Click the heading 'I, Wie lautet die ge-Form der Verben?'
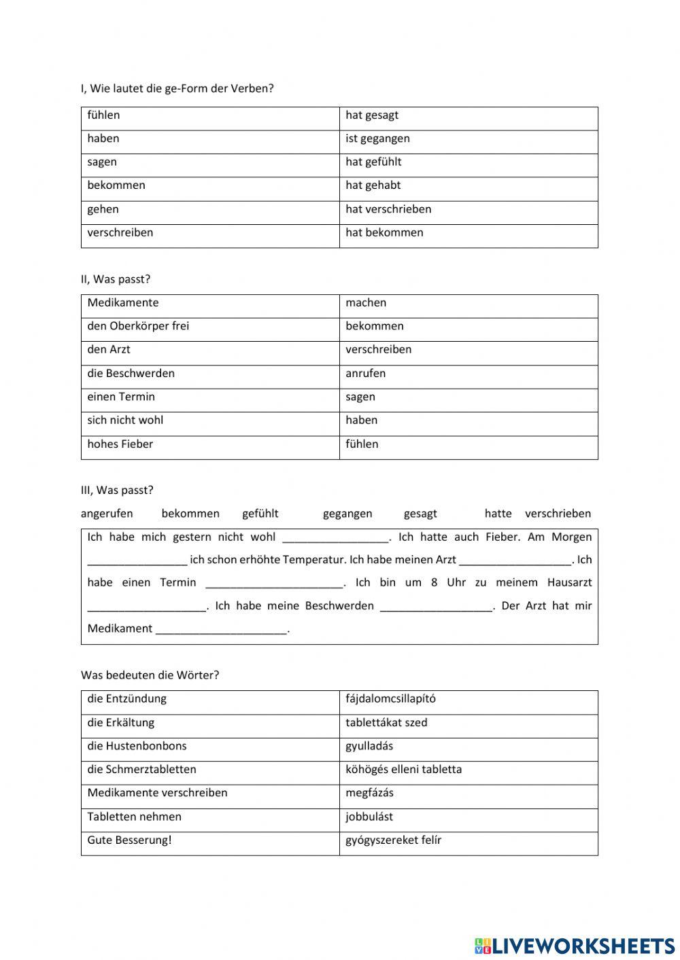(177, 88)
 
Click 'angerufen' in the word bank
(107, 514)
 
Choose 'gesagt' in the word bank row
(420, 514)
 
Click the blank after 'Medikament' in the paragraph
(221, 629)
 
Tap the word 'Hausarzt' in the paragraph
(569, 582)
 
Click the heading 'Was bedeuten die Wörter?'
(150, 675)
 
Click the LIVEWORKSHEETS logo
(574, 945)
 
